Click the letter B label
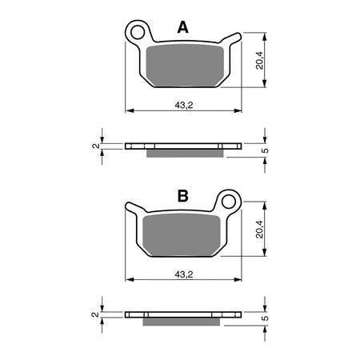tap(182, 195)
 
